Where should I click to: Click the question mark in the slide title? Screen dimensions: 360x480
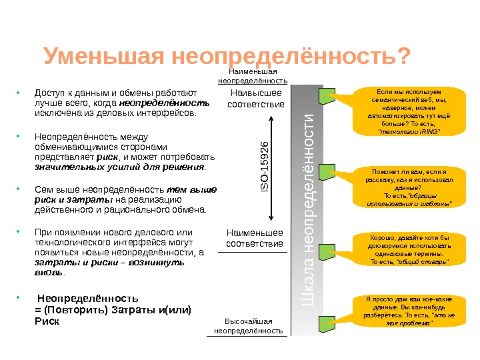[x=402, y=57]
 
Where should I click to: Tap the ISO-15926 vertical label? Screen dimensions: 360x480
[x=264, y=163]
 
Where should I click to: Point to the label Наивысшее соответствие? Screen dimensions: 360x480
[x=256, y=99]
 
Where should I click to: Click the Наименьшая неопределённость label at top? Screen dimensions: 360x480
[x=252, y=76]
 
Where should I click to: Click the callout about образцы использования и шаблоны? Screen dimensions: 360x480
[x=407, y=187]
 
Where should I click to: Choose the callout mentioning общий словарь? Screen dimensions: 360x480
[x=407, y=249]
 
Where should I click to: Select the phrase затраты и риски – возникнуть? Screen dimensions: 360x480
[x=109, y=263]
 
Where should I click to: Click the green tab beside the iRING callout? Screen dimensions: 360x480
[x=327, y=98]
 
